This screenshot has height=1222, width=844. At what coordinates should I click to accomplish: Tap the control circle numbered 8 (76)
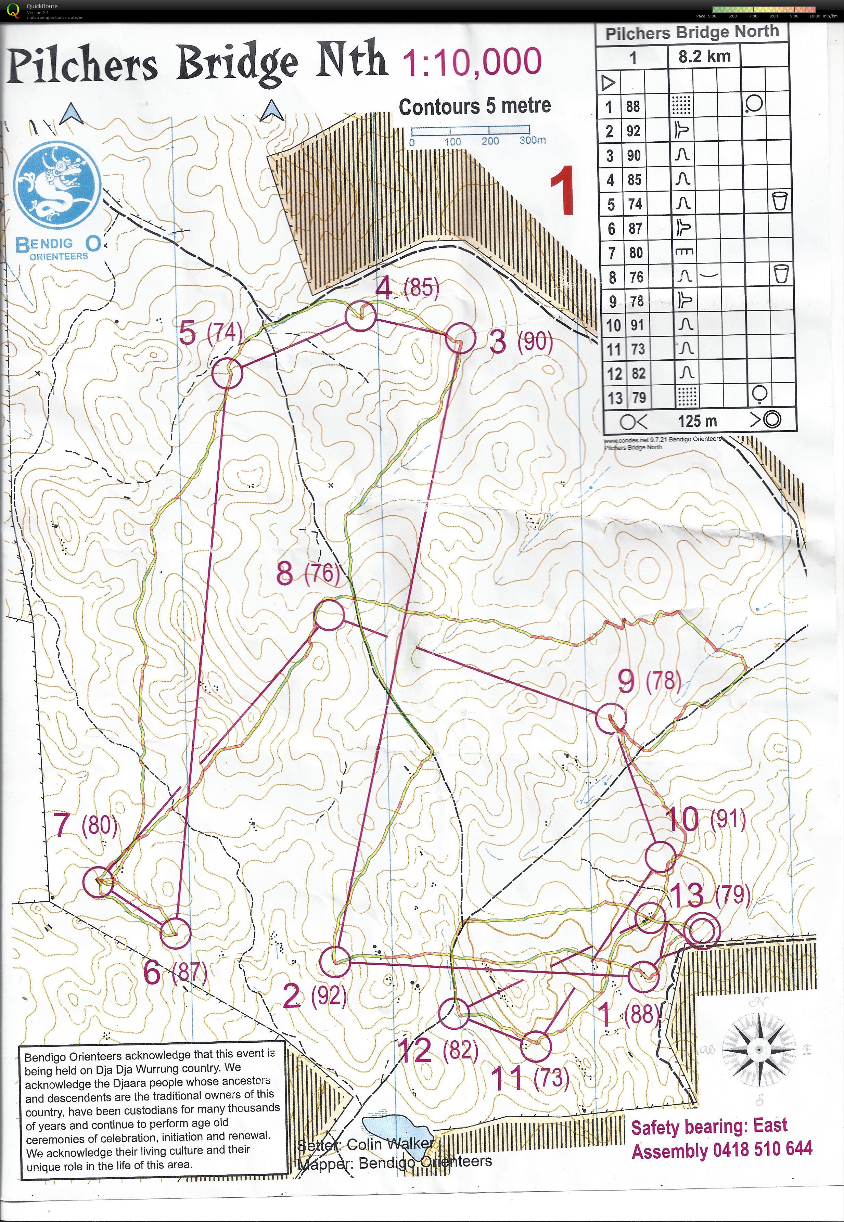(329, 615)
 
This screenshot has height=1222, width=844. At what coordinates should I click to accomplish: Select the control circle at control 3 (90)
(458, 338)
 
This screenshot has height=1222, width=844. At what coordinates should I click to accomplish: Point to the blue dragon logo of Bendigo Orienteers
(57, 185)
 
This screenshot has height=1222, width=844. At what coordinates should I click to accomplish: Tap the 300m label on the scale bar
(532, 140)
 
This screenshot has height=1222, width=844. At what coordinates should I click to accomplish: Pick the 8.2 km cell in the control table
(704, 56)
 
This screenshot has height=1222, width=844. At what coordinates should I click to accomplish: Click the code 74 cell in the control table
(635, 204)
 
